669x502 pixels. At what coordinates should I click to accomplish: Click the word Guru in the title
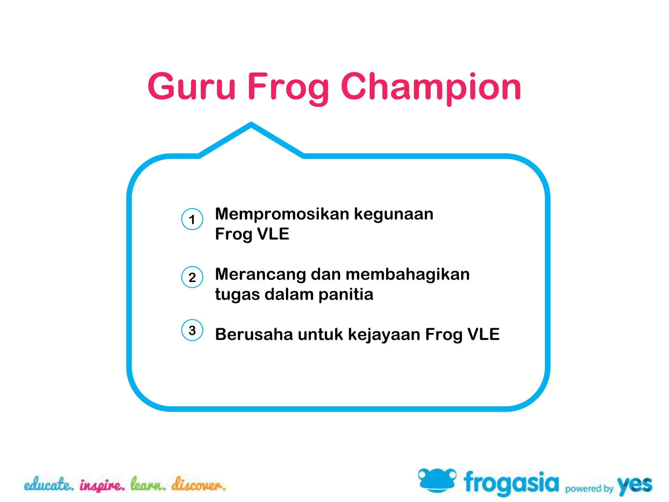tap(191, 86)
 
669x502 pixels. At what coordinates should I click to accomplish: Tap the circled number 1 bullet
tap(192, 219)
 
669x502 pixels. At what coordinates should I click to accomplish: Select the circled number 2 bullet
tap(192, 277)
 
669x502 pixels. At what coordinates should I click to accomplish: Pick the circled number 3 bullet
tap(192, 330)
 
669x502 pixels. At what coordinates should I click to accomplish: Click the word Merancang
tap(260, 275)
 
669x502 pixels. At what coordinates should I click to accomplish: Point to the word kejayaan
tap(384, 335)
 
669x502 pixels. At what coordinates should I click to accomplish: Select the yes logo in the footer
tap(634, 485)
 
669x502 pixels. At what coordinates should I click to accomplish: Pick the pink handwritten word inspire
tap(102, 485)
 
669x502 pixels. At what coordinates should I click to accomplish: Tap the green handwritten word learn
tap(148, 484)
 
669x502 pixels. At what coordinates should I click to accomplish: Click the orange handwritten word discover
tap(199, 484)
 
